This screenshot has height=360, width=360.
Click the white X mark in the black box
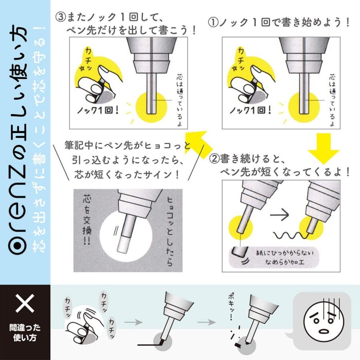(25, 303)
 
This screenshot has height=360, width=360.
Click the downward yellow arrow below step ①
(324, 149)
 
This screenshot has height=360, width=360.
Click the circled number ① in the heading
(213, 23)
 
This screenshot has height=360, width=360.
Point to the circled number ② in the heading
(214, 159)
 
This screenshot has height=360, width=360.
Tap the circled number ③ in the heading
(61, 17)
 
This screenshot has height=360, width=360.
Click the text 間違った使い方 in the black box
(25, 332)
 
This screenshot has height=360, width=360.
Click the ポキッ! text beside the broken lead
(231, 307)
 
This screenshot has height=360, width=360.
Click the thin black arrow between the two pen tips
(279, 215)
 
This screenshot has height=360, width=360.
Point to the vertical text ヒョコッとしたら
(170, 231)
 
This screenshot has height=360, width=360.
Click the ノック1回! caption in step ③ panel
(98, 111)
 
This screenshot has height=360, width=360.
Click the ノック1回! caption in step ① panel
(251, 111)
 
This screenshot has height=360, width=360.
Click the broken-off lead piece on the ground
(237, 345)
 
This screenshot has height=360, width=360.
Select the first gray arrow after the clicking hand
(134, 322)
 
